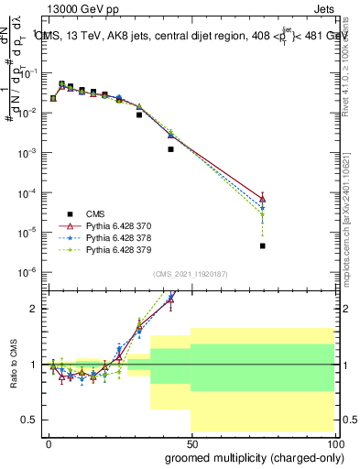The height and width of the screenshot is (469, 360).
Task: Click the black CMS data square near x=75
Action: pyautogui.click(x=263, y=245)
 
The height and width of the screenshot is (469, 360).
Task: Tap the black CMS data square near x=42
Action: pyautogui.click(x=170, y=149)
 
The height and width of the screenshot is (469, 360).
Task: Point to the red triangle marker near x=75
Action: pyautogui.click(x=263, y=199)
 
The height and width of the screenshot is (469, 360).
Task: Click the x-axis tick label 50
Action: pyautogui.click(x=191, y=442)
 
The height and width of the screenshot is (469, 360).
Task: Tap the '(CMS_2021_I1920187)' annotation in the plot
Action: pyautogui.click(x=191, y=274)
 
